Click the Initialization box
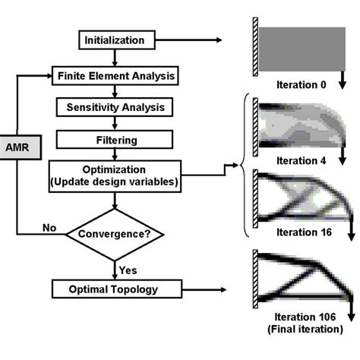(x=116, y=39)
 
